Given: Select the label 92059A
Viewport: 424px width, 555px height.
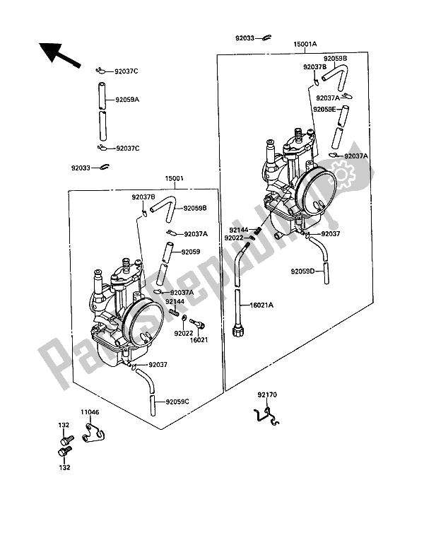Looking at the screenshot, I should pyautogui.click(x=127, y=100).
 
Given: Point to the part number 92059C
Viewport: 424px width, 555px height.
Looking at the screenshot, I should pyautogui.click(x=179, y=402).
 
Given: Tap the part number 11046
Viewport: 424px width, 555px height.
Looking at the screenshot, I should pyautogui.click(x=90, y=411).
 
